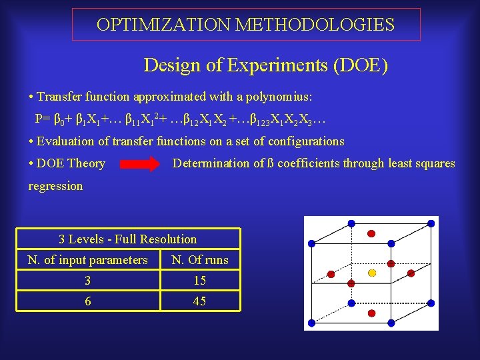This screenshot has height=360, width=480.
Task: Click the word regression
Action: pyautogui.click(x=55, y=186)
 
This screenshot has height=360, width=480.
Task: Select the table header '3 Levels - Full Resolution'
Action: pyautogui.click(x=128, y=239)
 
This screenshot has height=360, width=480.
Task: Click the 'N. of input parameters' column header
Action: pyautogui.click(x=87, y=260)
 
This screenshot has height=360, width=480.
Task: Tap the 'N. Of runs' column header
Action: pyautogui.click(x=199, y=260)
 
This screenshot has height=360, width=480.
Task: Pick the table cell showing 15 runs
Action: pyautogui.click(x=199, y=281)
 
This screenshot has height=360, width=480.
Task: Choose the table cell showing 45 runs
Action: pyautogui.click(x=199, y=301)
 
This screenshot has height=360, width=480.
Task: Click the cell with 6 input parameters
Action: pyautogui.click(x=87, y=301)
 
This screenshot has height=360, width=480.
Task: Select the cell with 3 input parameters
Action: pyautogui.click(x=87, y=281)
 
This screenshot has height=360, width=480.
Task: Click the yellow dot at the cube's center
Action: pyautogui.click(x=373, y=273)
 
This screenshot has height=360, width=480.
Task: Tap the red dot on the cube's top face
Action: pyautogui.click(x=371, y=233)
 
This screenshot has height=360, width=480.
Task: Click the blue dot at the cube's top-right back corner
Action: pyautogui.click(x=433, y=221)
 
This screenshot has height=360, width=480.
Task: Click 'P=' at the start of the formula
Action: pyautogui.click(x=42, y=120)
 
